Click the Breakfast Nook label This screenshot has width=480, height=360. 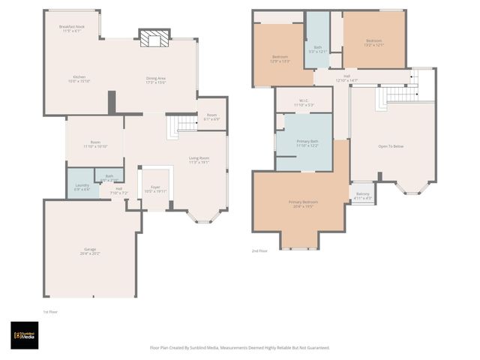[x=72, y=28]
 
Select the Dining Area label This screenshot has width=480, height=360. [x=156, y=79]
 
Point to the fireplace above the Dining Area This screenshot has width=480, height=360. [x=154, y=40]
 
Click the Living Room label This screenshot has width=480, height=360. [x=199, y=160]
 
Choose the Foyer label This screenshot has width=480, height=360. [x=155, y=189]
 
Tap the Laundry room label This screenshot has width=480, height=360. [x=82, y=187]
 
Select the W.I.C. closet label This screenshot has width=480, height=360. [x=299, y=103]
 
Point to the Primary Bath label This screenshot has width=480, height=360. [x=307, y=142]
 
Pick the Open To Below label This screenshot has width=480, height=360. [x=394, y=146]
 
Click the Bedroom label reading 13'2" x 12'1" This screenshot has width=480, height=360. [x=374, y=43]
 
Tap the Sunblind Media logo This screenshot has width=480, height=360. [x=25, y=335]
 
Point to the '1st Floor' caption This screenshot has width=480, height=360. [x=51, y=311]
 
